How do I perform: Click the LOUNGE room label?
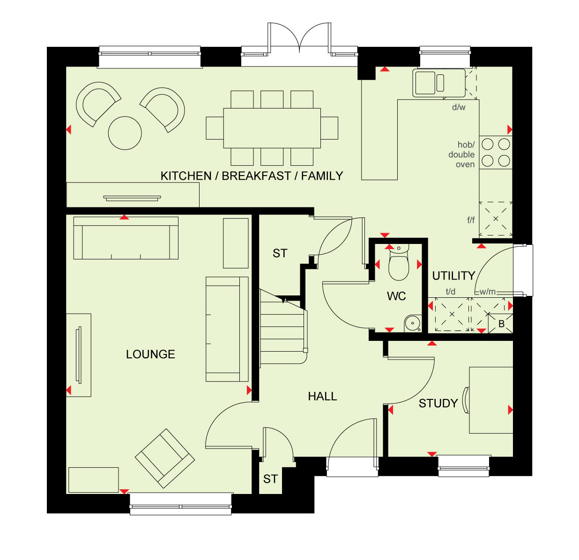click(x=150, y=354)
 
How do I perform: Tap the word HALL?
click(x=322, y=396)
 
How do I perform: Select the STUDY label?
click(x=438, y=403)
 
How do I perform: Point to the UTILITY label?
click(x=453, y=276)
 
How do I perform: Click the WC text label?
click(x=396, y=296)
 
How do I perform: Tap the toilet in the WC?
click(x=399, y=262)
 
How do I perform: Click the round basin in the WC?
click(x=412, y=323)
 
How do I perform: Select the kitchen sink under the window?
click(x=438, y=83)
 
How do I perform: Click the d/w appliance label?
click(x=459, y=107)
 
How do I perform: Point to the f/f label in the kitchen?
click(x=471, y=220)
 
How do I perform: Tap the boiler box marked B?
click(x=501, y=324)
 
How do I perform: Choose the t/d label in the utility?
click(x=451, y=291)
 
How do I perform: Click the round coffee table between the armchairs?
click(x=125, y=133)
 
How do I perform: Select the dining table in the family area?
click(x=272, y=128)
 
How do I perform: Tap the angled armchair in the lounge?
click(x=165, y=458)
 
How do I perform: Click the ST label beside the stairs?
click(x=280, y=253)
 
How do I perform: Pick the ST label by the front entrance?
click(x=270, y=479)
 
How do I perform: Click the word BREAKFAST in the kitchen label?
click(x=256, y=176)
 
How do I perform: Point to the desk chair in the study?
click(x=466, y=400)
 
